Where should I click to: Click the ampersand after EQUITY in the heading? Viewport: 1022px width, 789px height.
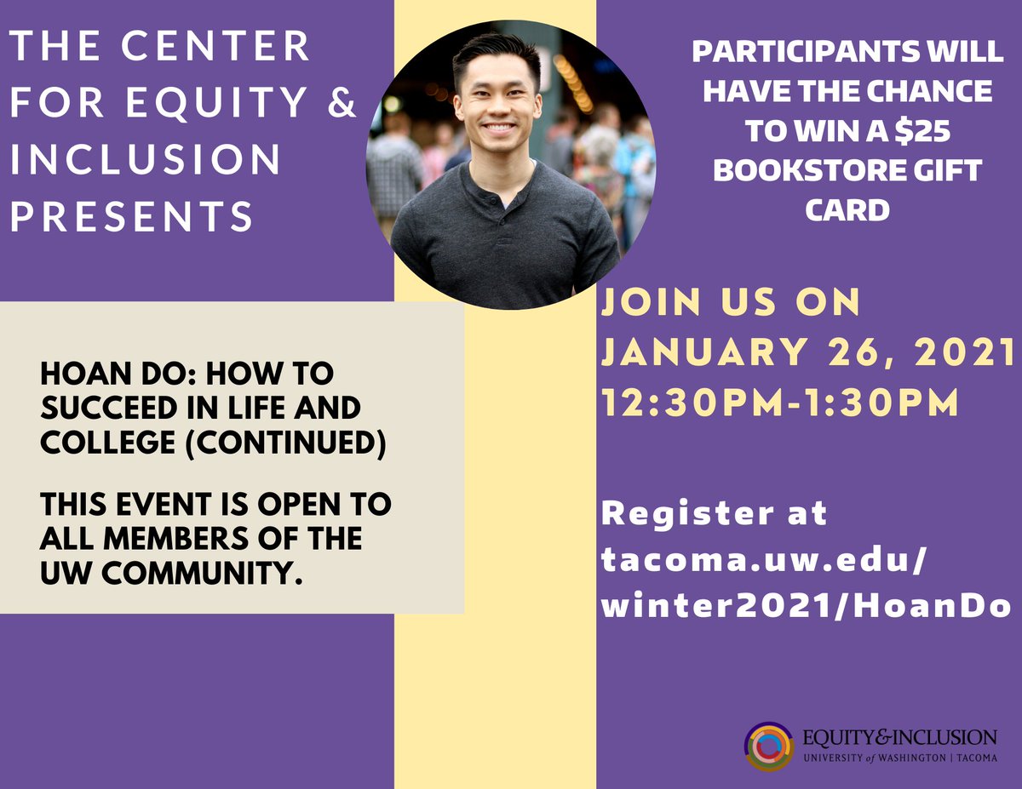(342, 103)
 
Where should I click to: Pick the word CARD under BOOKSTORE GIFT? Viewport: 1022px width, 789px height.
(847, 209)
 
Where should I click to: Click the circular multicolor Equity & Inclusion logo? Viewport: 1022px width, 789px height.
(769, 746)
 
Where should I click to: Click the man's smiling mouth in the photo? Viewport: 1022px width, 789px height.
(499, 129)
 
